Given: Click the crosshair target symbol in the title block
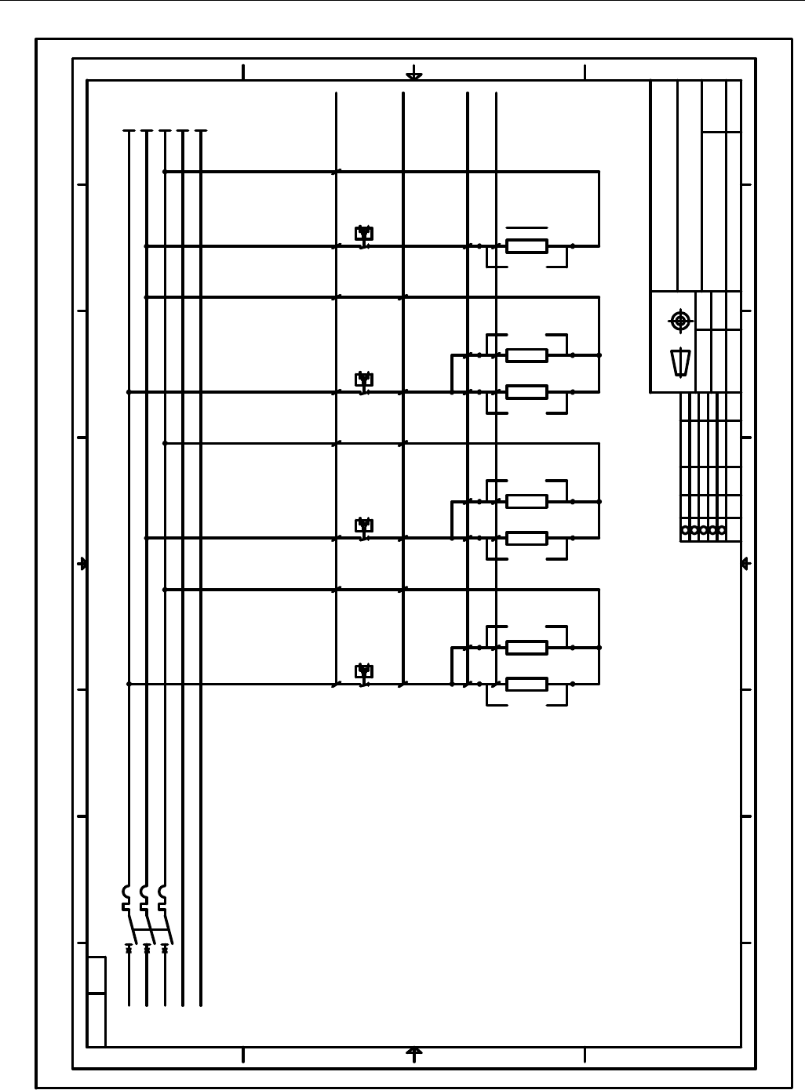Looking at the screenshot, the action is tap(680, 321).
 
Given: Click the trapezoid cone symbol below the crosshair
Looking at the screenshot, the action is tap(680, 362).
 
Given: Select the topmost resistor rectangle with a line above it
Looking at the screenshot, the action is tap(526, 246).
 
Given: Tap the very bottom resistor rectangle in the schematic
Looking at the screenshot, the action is tap(526, 684).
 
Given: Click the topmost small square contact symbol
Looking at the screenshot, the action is tap(363, 233).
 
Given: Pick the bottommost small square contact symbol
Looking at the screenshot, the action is tap(363, 670).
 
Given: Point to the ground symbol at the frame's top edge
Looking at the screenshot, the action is tap(414, 76).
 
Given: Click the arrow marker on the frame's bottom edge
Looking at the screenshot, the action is tap(414, 1052).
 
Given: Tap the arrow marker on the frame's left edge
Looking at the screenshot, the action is tap(82, 564).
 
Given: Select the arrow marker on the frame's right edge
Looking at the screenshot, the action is tap(745, 564).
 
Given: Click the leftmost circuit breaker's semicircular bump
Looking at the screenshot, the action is tap(126, 892).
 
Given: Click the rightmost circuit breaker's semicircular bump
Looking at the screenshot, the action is tap(162, 892).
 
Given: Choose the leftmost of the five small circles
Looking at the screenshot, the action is tap(685, 530).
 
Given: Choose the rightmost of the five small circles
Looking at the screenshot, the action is tap(722, 530).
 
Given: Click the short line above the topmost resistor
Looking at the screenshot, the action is tap(526, 227).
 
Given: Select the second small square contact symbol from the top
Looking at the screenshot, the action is tap(363, 379).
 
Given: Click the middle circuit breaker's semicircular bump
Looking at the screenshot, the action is tap(144, 892).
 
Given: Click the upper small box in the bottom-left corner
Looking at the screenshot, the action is tap(96, 975).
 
